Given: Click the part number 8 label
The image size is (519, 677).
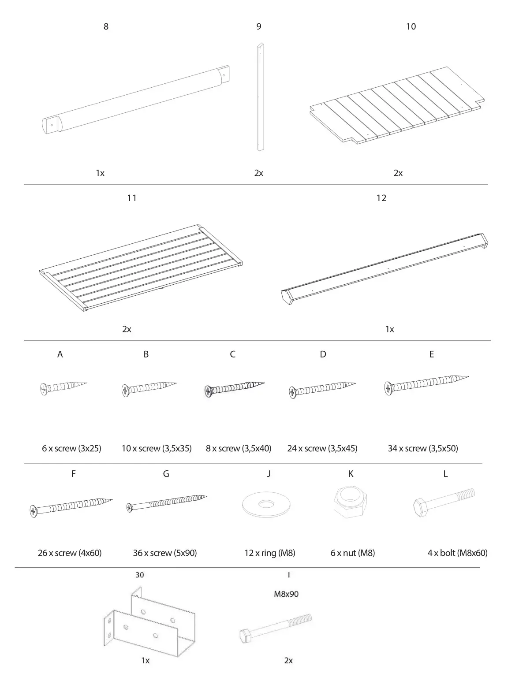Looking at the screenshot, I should (106, 26).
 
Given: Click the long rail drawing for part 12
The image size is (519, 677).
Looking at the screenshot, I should (385, 269).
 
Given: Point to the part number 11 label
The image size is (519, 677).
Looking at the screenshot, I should (132, 198).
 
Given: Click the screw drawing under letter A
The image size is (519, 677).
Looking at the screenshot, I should (63, 387).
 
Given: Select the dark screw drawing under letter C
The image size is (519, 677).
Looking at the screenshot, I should (234, 388).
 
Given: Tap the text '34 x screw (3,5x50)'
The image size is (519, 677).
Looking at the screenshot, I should (422, 448).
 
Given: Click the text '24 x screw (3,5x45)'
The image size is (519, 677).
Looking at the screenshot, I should (322, 448).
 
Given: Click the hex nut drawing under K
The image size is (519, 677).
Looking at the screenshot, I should (351, 503).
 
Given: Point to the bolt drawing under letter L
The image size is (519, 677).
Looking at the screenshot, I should (444, 502).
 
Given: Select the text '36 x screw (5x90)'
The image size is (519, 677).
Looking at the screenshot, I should (164, 553).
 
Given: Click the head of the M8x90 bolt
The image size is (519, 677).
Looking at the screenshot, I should (245, 635).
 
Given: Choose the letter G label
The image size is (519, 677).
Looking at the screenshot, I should (166, 474).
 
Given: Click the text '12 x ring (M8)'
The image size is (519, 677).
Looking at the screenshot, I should (269, 553).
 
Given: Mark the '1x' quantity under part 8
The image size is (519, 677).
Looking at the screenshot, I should (100, 173).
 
